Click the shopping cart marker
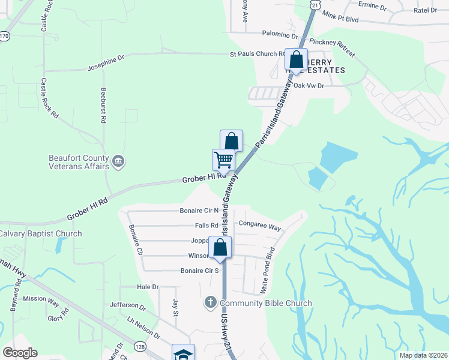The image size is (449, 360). pos(223,160)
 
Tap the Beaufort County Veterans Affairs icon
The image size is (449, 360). pos(118,160)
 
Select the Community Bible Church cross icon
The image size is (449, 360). pos(210,302)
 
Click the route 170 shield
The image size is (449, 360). pos(4,36)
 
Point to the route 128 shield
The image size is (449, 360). pos(139,346)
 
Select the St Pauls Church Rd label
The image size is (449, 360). pos(258,54)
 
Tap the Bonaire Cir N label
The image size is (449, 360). pos(199,211)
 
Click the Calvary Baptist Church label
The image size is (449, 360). pos(40,233)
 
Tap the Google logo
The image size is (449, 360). pos(20,353)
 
